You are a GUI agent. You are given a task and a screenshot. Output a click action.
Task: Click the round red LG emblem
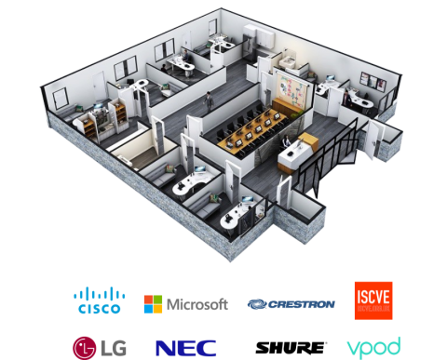pos(85,347)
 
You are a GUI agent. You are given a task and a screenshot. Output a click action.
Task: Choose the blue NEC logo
pos(186,348)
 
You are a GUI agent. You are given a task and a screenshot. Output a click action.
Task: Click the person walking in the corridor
pos(210,99)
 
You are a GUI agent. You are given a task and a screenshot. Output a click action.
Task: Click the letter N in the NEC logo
pos(166,348)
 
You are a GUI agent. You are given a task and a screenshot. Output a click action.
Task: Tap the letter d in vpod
pos(395,346)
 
